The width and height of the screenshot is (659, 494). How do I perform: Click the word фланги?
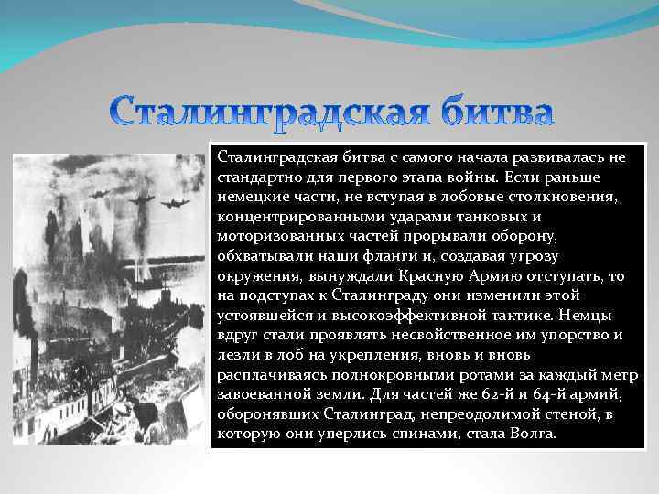coord(413,257)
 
